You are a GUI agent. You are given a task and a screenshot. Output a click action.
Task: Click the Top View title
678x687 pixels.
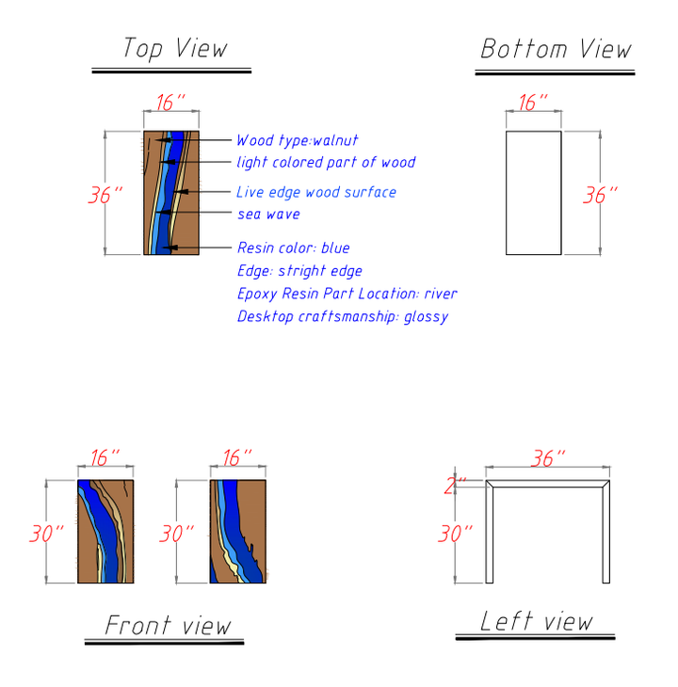[174, 48]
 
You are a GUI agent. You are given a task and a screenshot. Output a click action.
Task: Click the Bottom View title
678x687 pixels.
[555, 49]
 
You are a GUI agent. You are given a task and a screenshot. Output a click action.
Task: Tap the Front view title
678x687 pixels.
[167, 624]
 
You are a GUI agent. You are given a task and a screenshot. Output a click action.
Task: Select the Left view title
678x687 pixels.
[536, 621]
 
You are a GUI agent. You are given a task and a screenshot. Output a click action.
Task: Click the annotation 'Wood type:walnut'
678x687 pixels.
[297, 140]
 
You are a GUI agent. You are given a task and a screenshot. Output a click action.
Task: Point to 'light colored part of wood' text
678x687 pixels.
[325, 162]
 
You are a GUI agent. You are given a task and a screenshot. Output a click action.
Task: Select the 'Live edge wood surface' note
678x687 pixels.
[315, 192]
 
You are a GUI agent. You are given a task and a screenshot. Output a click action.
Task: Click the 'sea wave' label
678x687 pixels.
[267, 215]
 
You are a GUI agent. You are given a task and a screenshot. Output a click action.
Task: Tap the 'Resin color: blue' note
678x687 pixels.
[293, 248]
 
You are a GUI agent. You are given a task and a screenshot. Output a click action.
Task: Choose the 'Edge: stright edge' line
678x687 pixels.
[299, 271]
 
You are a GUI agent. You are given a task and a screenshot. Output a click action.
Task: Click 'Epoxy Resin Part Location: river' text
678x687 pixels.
[347, 294]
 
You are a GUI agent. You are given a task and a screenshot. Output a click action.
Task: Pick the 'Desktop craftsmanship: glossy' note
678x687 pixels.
[342, 316]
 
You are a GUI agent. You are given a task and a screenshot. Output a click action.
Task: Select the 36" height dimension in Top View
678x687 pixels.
[105, 195]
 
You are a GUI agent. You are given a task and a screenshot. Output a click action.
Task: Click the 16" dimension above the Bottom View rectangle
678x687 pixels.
[533, 103]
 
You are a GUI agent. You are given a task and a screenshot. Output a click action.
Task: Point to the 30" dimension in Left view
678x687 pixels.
[455, 534]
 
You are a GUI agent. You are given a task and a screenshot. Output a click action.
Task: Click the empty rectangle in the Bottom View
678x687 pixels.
[533, 193]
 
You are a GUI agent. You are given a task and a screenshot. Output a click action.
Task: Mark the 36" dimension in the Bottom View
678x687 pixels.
[600, 195]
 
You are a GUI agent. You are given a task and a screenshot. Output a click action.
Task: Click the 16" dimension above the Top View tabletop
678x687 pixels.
[170, 103]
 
